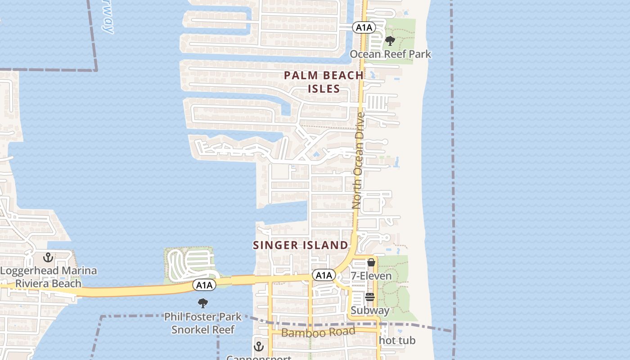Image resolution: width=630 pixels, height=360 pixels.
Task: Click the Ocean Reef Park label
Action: [x=390, y=54]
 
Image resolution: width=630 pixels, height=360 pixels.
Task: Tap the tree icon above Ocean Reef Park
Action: [x=390, y=41]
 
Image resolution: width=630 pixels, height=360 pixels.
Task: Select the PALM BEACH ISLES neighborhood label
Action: [x=324, y=82]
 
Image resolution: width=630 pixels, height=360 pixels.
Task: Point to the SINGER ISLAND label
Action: [x=301, y=245]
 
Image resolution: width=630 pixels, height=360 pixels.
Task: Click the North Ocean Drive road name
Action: [x=359, y=160]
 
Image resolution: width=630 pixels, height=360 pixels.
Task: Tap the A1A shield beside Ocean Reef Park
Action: [x=364, y=27]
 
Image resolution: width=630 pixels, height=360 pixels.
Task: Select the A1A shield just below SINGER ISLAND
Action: [x=324, y=275]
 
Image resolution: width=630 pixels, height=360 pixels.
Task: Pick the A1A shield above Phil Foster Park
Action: [x=204, y=284]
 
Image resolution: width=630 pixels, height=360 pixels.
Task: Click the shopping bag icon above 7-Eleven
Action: [x=371, y=262]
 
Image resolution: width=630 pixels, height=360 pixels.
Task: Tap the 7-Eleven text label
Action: [x=371, y=275]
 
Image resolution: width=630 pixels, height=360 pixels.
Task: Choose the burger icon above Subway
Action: [x=370, y=297]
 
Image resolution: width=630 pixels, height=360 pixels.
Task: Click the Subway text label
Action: [x=370, y=310]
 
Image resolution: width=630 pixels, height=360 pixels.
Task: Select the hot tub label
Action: [x=397, y=341]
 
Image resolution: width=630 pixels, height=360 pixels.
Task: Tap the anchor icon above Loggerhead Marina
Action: [x=48, y=257]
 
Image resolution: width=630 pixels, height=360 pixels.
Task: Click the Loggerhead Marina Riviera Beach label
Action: [x=48, y=277]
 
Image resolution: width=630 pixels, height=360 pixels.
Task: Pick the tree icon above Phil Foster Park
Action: [x=203, y=303]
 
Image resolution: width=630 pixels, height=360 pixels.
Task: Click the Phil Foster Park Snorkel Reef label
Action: [x=203, y=323]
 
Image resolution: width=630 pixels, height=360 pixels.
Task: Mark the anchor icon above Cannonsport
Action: [x=258, y=346]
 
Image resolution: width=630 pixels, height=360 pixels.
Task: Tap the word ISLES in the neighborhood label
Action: [x=324, y=89]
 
